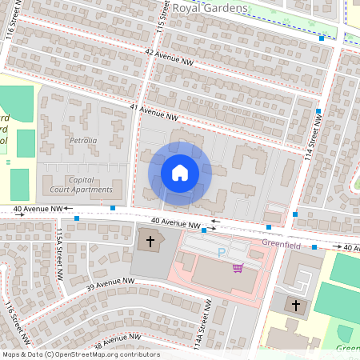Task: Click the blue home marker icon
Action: pyautogui.click(x=180, y=173)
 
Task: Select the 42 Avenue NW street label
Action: pyautogui.click(x=170, y=56)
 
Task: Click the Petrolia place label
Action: pyautogui.click(x=82, y=140)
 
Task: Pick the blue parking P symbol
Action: pyautogui.click(x=222, y=253)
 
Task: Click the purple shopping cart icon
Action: pyautogui.click(x=238, y=267)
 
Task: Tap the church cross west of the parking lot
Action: pyautogui.click(x=149, y=241)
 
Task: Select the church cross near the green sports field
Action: pyautogui.click(x=295, y=305)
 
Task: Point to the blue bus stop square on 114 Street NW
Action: pyautogui.click(x=318, y=111)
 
